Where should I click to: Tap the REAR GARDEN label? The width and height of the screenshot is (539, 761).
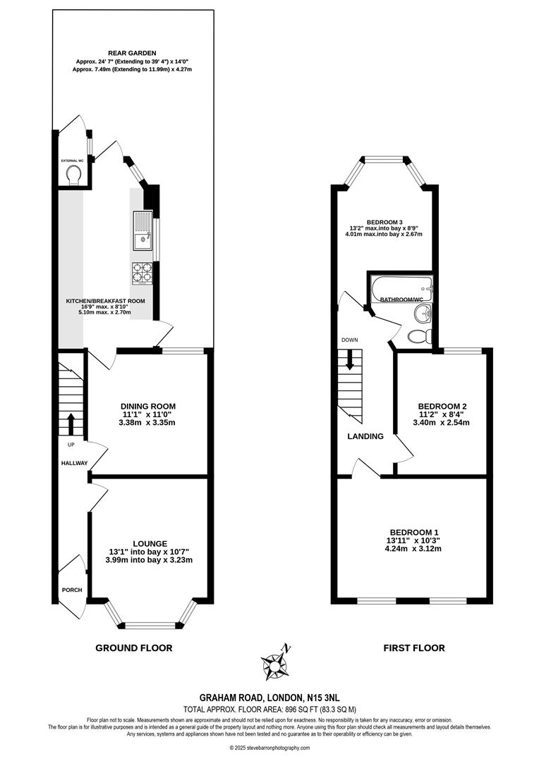tap(132, 53)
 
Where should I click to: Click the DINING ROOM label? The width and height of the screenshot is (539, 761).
tap(147, 406)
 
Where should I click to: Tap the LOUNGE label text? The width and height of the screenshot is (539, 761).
tap(149, 543)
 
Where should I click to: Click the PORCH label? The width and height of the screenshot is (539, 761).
tap(72, 590)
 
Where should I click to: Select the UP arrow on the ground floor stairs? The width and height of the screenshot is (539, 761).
tap(70, 424)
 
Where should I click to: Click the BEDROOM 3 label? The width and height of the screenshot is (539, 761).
tap(384, 221)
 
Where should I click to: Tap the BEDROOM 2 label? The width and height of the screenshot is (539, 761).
tap(442, 407)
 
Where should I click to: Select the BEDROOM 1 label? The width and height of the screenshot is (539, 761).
tap(413, 532)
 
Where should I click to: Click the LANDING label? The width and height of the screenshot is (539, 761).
tap(365, 436)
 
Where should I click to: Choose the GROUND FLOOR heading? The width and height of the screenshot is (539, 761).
tap(133, 648)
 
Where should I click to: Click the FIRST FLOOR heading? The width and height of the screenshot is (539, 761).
tap(413, 648)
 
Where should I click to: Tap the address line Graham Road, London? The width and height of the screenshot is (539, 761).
tap(269, 696)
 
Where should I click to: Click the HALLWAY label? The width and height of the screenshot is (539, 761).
tap(73, 463)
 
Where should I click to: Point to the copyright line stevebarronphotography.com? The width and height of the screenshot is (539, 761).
tap(269, 748)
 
